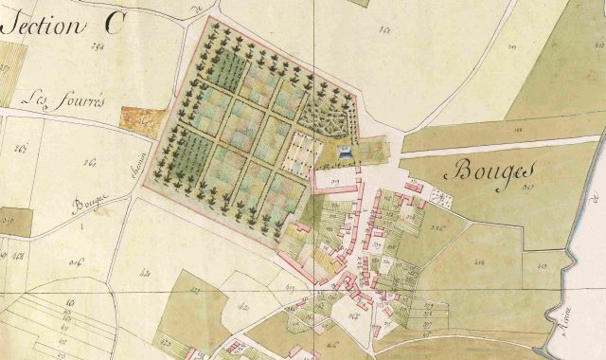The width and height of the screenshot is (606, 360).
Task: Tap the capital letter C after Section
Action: click(x=112, y=25)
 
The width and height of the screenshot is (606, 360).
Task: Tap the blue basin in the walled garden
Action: click(x=346, y=152)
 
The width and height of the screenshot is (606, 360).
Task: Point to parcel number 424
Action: click(x=145, y=274)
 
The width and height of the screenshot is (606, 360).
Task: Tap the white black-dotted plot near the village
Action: click(x=439, y=196)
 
